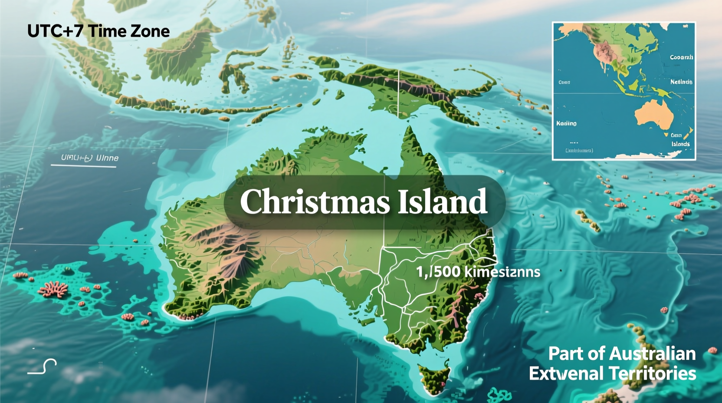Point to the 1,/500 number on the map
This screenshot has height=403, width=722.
438,272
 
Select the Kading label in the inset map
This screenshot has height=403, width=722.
566,123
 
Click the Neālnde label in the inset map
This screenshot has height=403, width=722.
681,82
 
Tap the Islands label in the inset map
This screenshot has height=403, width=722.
680,144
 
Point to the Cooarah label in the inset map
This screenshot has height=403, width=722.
681,57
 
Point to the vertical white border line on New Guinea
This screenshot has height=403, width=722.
398,93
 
